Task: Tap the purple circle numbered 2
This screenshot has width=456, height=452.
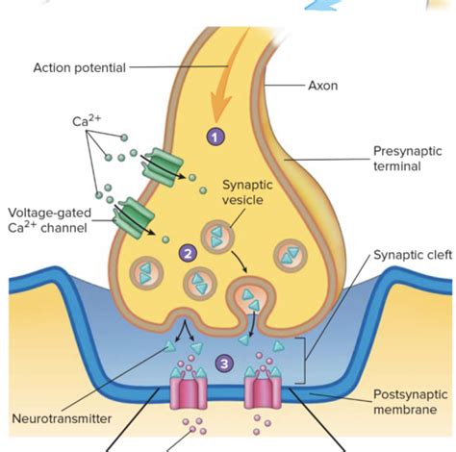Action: [x=189, y=253]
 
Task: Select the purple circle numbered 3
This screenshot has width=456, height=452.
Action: [x=224, y=364]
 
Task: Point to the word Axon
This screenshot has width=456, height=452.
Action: [x=322, y=85]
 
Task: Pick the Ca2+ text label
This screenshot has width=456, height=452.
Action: [x=88, y=121]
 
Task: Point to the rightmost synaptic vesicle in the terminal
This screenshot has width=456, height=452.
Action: [x=291, y=255]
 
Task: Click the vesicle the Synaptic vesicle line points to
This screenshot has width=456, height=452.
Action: [x=217, y=237]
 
